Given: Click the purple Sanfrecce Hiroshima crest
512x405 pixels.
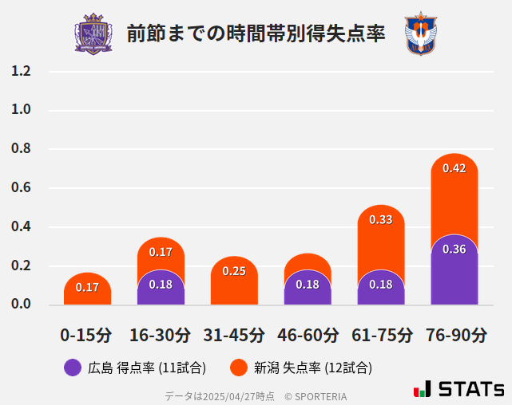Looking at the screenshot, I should coord(93,33).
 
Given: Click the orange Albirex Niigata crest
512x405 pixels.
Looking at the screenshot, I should coord(420,33).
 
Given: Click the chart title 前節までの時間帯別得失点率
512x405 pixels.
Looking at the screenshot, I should coord(256,34).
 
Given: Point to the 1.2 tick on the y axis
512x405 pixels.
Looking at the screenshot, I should coord(21,72).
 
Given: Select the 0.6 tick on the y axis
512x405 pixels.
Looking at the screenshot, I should coord(21,188).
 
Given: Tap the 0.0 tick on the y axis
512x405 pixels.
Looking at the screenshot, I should coord(21,305).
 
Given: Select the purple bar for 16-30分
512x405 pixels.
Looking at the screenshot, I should coord(161,289).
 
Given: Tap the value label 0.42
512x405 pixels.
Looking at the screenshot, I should coord(454,168).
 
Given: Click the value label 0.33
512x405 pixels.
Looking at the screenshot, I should coord(381,219).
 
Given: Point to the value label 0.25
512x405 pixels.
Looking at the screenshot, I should coord(234,271).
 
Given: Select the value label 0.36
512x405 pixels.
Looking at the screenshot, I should coord(454,250).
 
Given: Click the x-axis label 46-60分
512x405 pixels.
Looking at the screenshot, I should coord(308,335).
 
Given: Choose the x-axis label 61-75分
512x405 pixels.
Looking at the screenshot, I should coord(381,335).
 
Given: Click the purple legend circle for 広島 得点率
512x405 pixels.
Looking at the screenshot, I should coord(73,368).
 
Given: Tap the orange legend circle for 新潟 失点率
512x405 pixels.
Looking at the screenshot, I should coord(238,368).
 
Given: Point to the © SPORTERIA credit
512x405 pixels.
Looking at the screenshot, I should coord(316,395).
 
